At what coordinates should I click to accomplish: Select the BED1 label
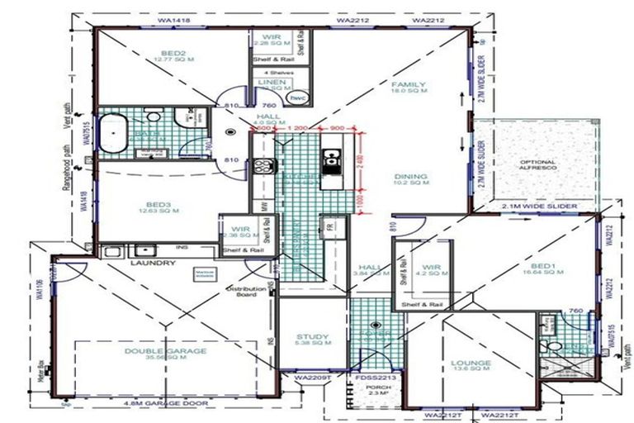[529, 268]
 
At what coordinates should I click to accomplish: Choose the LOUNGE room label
[471, 363]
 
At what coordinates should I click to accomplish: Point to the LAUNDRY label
[153, 263]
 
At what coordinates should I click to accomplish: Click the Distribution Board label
[247, 290]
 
